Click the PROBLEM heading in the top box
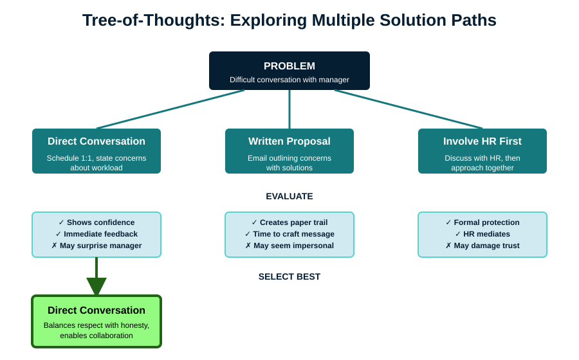point(289,66)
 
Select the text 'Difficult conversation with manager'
point(289,80)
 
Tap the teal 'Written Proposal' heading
point(289,141)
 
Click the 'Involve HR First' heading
point(482,141)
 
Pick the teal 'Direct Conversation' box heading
point(96,141)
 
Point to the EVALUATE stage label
point(289,196)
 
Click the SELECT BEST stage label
point(289,276)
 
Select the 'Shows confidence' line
point(96,222)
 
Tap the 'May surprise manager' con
point(96,246)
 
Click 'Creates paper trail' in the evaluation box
point(289,222)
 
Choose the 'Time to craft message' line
point(289,234)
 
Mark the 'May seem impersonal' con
point(289,246)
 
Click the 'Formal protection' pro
point(482,222)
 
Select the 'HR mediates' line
point(482,234)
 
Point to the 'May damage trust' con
point(482,246)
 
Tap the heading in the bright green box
point(96,310)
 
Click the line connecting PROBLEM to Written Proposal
point(289,109)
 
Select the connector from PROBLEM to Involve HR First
point(409,109)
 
